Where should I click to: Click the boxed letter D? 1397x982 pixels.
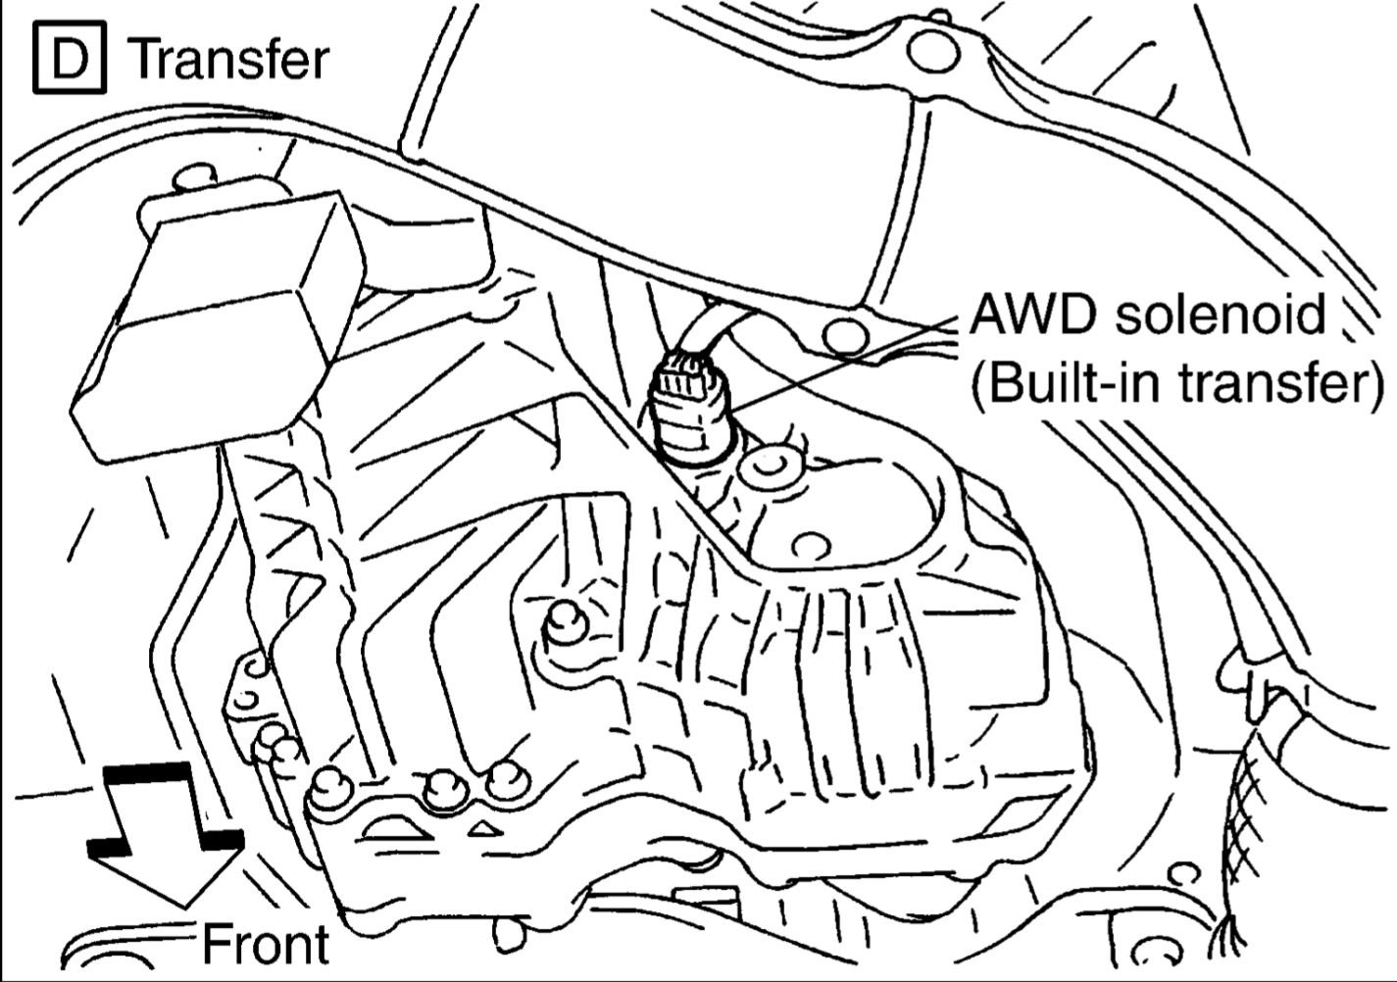tap(69, 60)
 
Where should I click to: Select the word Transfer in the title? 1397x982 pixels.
tap(229, 60)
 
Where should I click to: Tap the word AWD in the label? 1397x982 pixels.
tap(1029, 317)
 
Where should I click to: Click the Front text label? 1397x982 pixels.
tap(265, 945)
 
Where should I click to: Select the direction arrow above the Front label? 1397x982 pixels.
tap(164, 833)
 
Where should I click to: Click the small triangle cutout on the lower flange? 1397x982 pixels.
tap(480, 829)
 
